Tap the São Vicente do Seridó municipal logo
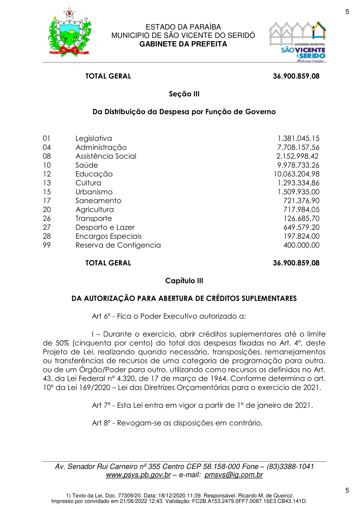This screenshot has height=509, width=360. pos(297,42)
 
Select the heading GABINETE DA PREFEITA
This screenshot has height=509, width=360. pos(183,44)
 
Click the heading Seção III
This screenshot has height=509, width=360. pos(184,94)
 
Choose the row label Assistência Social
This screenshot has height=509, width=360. pos(106,156)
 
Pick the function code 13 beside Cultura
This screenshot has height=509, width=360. pos(47,183)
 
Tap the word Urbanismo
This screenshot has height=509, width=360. pos(94,192)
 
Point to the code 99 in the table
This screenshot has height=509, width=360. pos(47,245)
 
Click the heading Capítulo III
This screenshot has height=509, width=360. pos(184,281)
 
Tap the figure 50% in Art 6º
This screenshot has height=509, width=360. pos(51,343)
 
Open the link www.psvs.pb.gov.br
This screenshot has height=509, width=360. pos(138,475)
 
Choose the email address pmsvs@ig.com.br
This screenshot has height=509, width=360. pos(234,475)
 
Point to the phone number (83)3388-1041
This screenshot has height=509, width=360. pos(288,467)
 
